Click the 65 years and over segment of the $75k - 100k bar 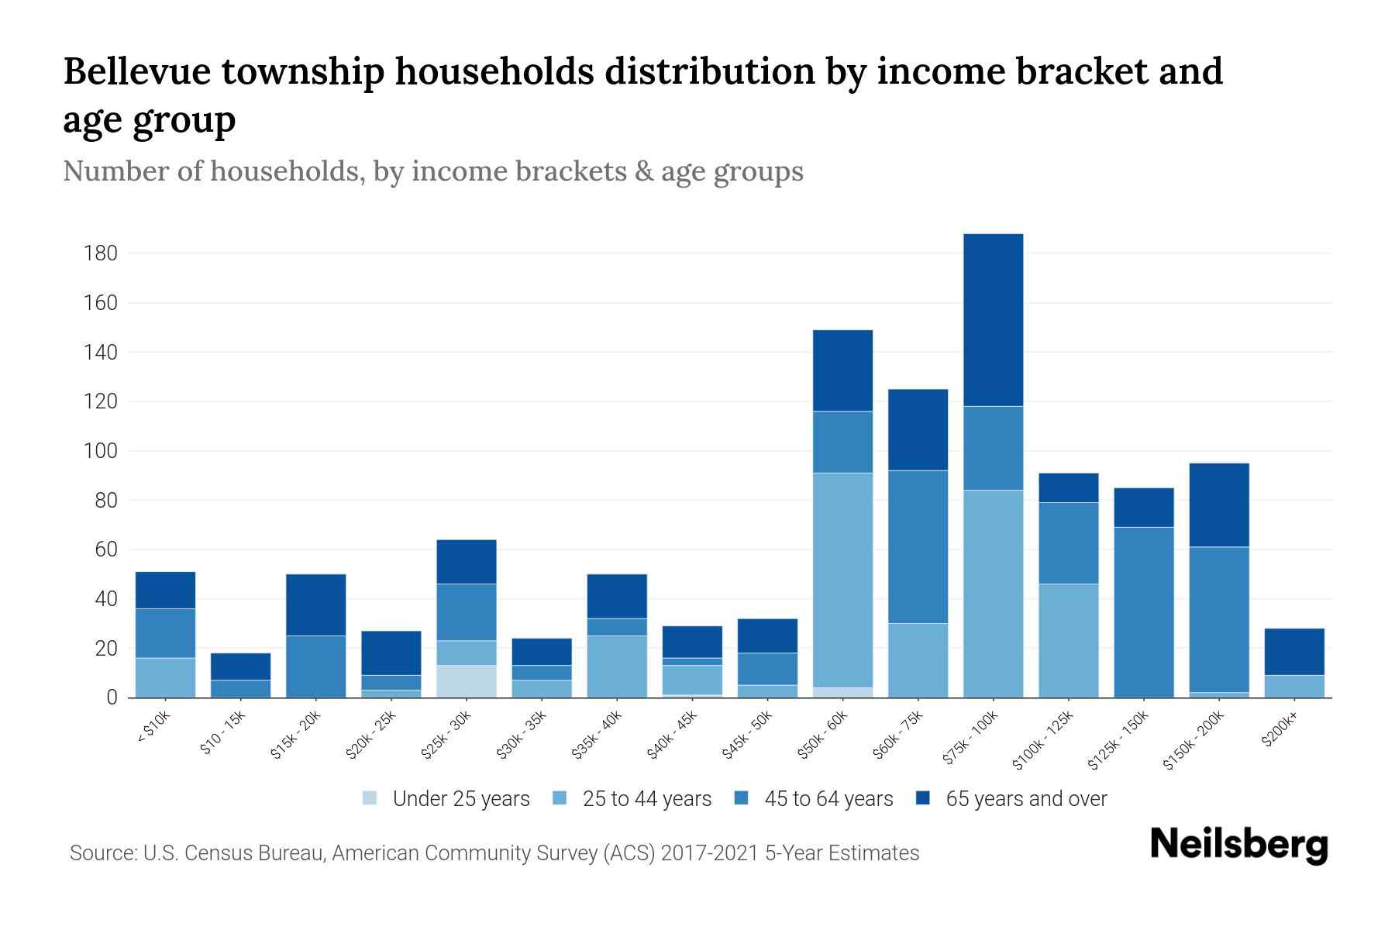[x=993, y=319]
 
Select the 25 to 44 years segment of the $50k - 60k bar [x=842, y=580]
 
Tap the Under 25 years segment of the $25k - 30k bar [x=467, y=681]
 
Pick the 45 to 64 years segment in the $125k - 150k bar [x=1143, y=612]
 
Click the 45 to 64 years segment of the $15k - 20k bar [x=315, y=666]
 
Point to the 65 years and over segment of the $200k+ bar [x=1293, y=652]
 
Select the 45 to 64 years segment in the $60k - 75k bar [x=918, y=546]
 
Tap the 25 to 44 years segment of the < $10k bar [x=165, y=677]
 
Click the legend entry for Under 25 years [x=446, y=799]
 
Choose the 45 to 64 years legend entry [x=814, y=799]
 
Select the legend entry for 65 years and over [x=1011, y=799]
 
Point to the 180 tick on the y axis [x=102, y=253]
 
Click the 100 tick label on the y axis [x=102, y=451]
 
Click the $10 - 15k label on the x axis [x=222, y=733]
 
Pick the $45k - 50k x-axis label [x=748, y=736]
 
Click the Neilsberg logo [x=1238, y=845]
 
